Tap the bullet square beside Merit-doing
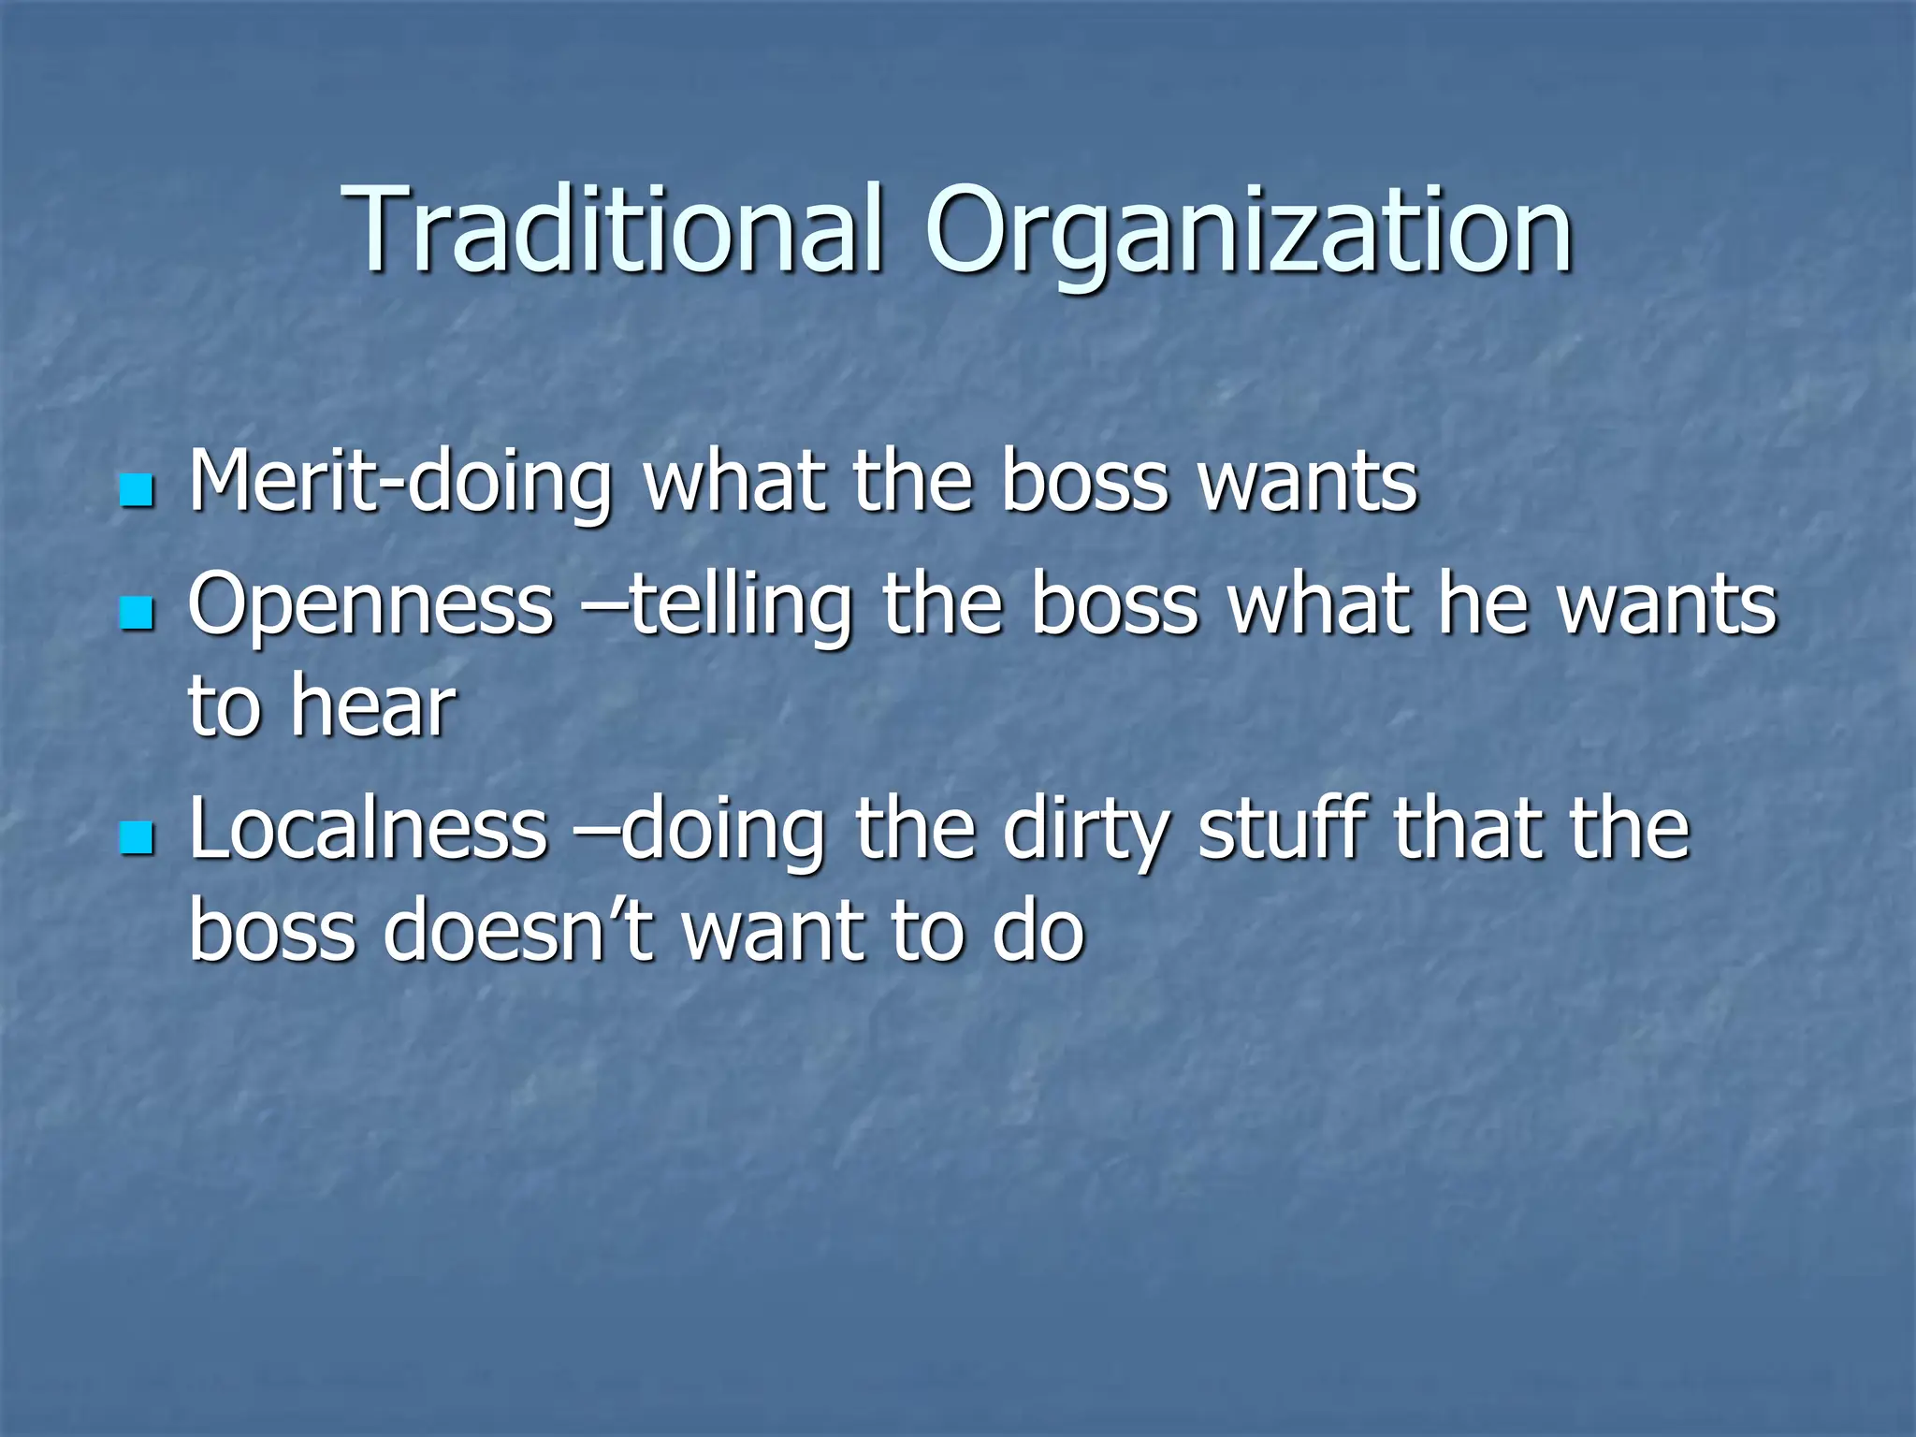click(137, 490)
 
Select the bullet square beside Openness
click(137, 614)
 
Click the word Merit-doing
click(400, 484)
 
